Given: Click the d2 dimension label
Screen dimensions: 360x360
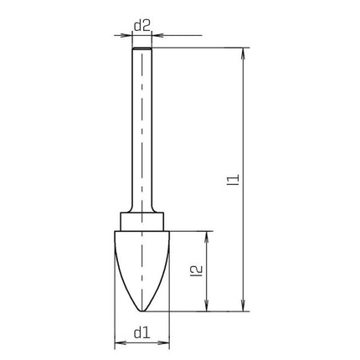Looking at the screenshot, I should [x=141, y=27].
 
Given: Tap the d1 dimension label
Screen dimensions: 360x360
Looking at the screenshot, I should [x=141, y=332].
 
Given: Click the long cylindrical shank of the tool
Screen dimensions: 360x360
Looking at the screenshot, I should [x=141, y=134].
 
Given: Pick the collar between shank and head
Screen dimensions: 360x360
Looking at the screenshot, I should [x=141, y=223].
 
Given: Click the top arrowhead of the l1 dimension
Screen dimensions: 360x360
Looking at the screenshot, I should [x=243, y=53].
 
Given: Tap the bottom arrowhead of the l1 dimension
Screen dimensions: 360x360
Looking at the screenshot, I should [x=243, y=306].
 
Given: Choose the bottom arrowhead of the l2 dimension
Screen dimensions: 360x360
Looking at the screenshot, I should [x=206, y=306].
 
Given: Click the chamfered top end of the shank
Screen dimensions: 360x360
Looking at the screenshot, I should [x=141, y=50].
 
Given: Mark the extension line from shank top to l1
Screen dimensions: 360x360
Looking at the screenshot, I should [x=201, y=48].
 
